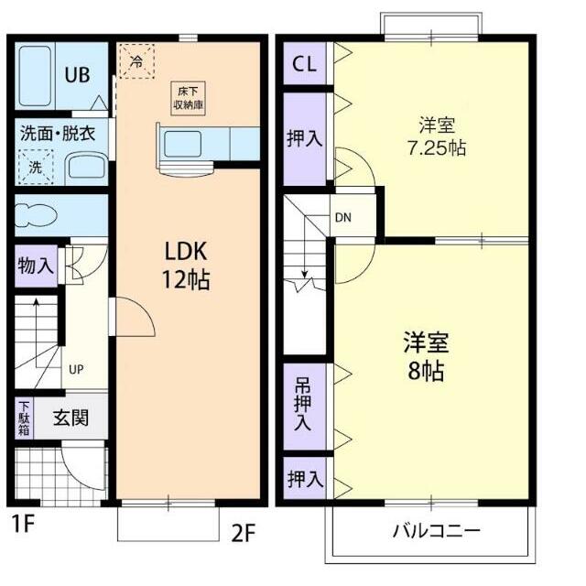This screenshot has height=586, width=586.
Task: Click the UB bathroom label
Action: pyautogui.click(x=76, y=75)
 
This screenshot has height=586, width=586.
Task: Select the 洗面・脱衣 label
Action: pyautogui.click(x=59, y=134)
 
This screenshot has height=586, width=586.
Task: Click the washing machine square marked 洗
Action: pyautogui.click(x=36, y=168)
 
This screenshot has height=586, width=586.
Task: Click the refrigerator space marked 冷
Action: pyautogui.click(x=136, y=61)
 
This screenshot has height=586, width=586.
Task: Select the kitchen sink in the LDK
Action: pyautogui.click(x=183, y=143)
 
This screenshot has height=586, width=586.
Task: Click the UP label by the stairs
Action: pyautogui.click(x=76, y=370)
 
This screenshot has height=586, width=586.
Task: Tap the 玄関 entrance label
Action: pyautogui.click(x=70, y=418)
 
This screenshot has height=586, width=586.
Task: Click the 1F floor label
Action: pyautogui.click(x=23, y=526)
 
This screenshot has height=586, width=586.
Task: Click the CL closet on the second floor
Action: pyautogui.click(x=305, y=64)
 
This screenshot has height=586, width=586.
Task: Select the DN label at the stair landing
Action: pyautogui.click(x=342, y=218)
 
